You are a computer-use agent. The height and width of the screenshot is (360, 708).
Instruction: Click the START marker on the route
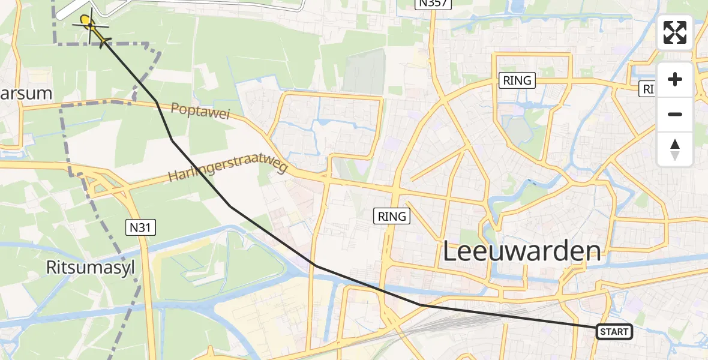click(x=614, y=332)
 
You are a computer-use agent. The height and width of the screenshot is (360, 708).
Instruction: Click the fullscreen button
click(x=675, y=32)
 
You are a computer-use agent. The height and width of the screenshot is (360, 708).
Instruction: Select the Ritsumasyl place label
click(x=90, y=268)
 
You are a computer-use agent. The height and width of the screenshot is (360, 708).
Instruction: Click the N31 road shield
click(x=141, y=227)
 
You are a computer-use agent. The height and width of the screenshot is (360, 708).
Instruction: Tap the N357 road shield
click(x=433, y=4)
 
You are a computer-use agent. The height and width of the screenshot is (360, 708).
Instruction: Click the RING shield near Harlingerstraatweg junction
click(x=393, y=216)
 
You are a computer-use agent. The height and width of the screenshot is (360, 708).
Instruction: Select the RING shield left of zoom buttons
click(x=517, y=80)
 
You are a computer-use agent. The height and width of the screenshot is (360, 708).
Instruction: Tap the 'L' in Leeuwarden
click(x=451, y=252)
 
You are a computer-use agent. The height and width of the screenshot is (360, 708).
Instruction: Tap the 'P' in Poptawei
click(x=175, y=107)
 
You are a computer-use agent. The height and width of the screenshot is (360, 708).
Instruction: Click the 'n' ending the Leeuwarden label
click(x=592, y=253)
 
